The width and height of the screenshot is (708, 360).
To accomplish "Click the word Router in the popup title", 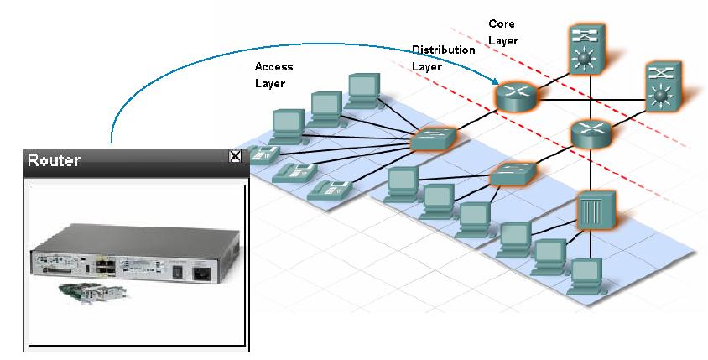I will (x=55, y=160).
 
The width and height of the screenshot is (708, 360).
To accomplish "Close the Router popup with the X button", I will (x=236, y=155).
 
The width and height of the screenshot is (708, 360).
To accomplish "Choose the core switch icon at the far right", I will (x=665, y=88).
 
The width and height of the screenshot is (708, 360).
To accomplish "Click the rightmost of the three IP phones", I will (x=326, y=190).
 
